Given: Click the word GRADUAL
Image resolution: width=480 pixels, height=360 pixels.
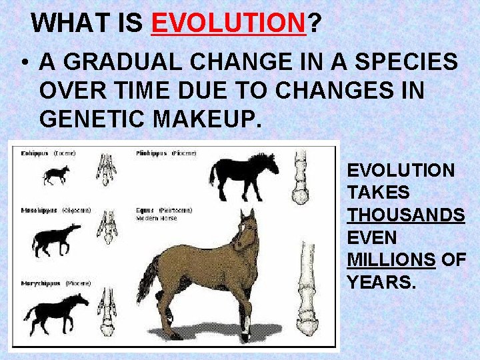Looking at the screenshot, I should pos(124,62).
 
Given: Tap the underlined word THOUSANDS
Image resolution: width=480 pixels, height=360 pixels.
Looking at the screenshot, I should pos(405,215).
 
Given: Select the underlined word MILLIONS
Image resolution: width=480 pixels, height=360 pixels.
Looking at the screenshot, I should pos(391,259).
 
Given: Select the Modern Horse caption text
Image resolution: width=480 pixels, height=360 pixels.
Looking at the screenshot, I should pos(157,219).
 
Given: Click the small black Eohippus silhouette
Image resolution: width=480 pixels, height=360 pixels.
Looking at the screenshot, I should pos(55,175).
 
